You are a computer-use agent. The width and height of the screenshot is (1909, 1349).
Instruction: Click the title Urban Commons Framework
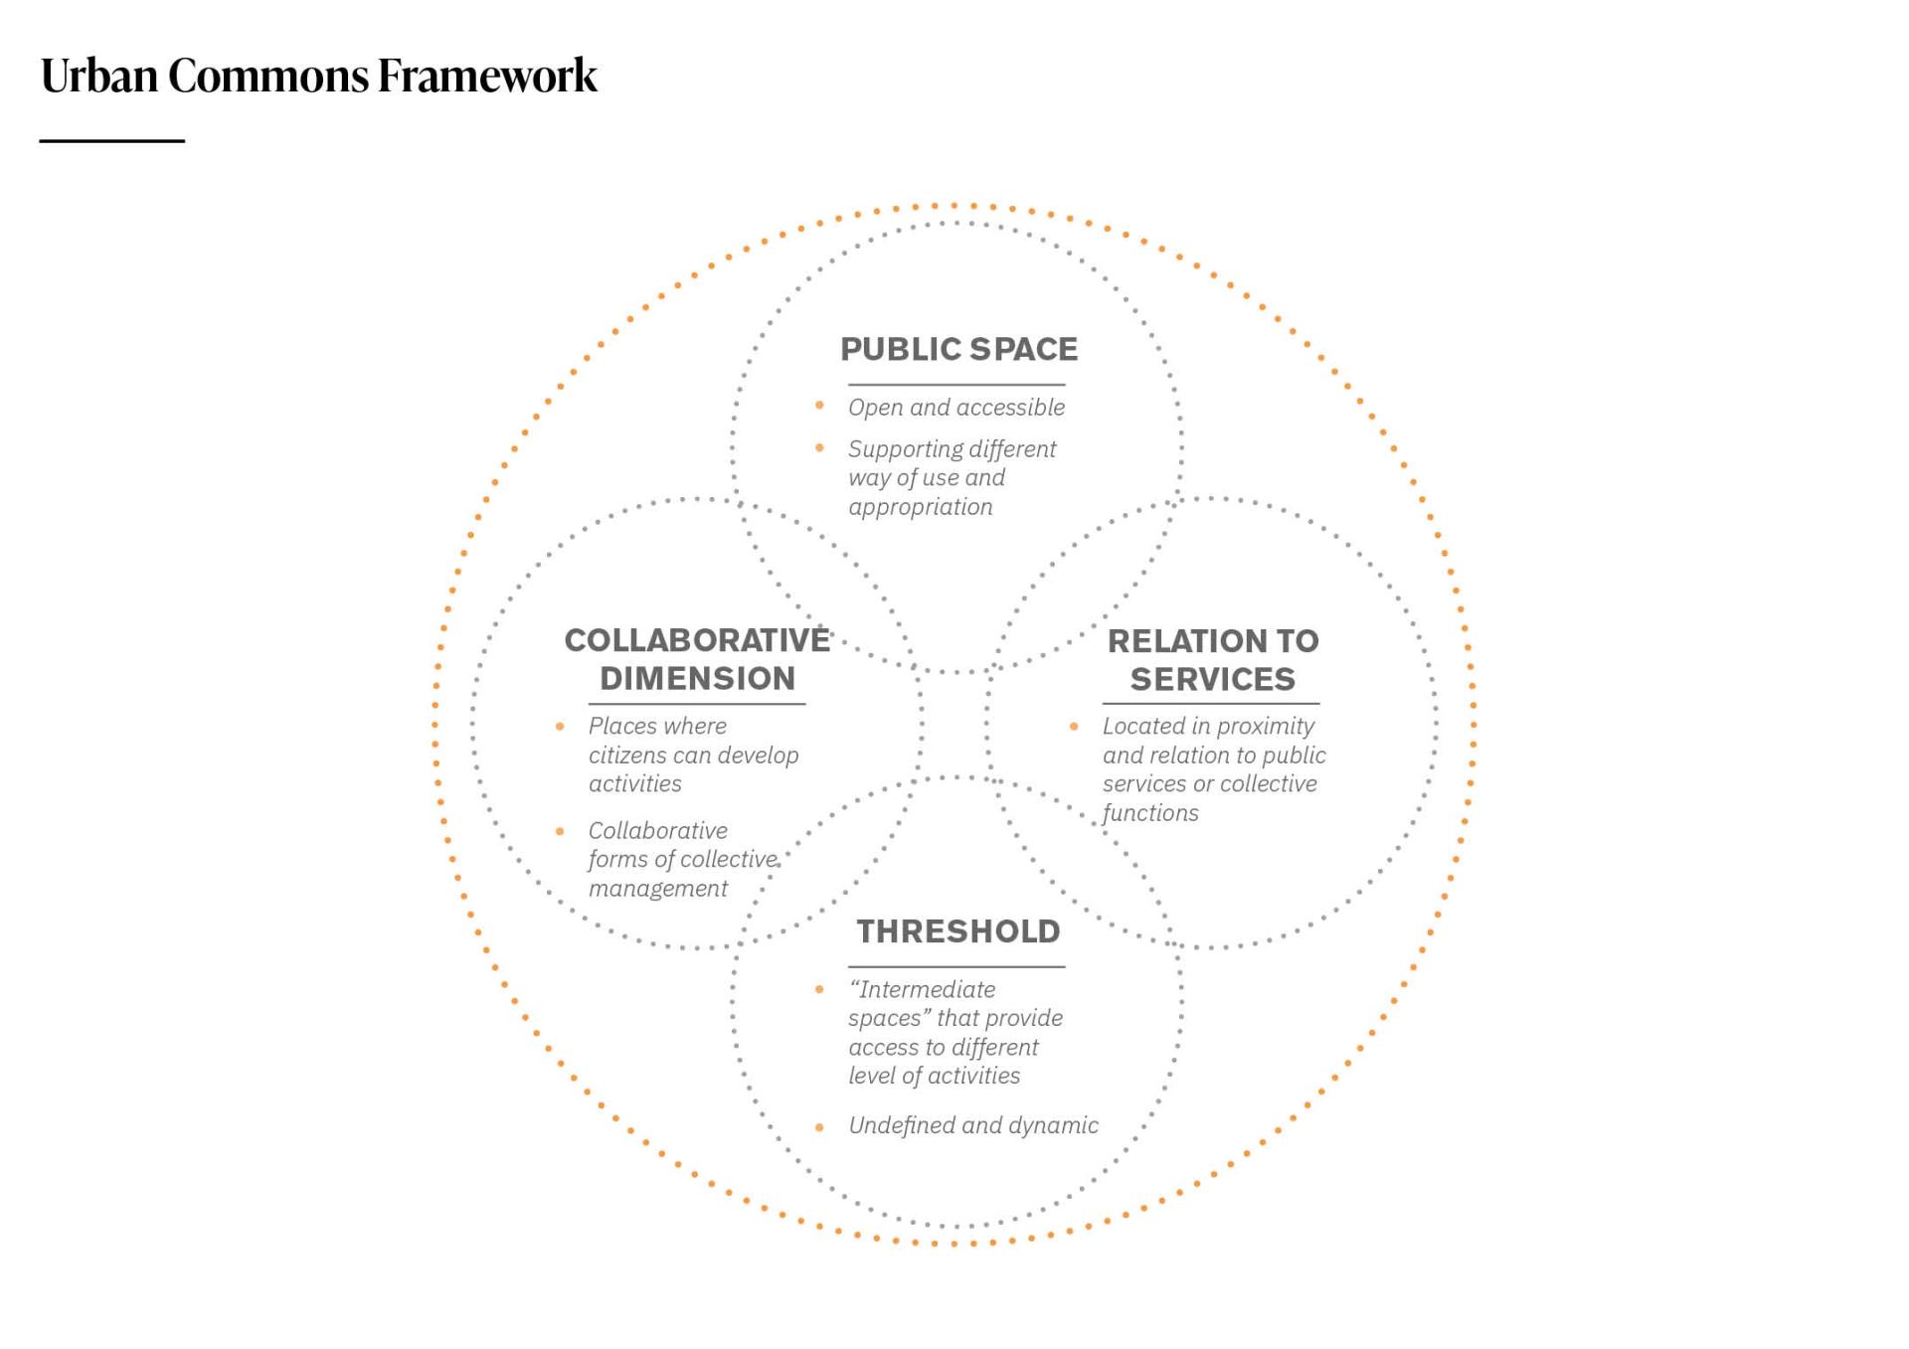[x=318, y=76]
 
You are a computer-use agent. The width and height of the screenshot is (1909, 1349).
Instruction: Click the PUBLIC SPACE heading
[x=958, y=349]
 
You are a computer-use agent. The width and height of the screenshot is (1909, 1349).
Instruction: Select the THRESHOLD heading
[x=958, y=931]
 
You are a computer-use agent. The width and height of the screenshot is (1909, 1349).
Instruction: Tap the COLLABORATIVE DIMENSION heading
[x=697, y=659]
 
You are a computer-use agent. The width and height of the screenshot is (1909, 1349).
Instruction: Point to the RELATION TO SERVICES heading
[x=1213, y=660]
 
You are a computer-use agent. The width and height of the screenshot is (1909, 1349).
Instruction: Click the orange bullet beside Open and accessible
[x=819, y=406]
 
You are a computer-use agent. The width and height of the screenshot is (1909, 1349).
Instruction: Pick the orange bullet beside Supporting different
[x=819, y=447]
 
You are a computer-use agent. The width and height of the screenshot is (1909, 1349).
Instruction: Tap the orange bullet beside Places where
[x=560, y=727]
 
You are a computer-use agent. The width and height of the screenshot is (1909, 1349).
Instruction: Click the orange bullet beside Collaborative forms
[x=560, y=831]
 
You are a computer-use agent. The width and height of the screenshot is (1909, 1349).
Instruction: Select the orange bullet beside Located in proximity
[x=1074, y=727]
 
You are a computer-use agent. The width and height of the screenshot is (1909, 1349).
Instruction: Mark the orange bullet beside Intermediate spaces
[x=819, y=989]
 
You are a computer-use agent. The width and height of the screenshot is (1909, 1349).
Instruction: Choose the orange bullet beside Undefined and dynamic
[x=819, y=1126]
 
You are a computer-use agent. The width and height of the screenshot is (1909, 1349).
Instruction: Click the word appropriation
[x=920, y=507]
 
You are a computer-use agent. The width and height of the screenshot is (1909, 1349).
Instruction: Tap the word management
[x=657, y=889]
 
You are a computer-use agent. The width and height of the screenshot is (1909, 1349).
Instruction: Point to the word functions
[x=1150, y=813]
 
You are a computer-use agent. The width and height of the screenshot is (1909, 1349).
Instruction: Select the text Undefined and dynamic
[x=972, y=1125]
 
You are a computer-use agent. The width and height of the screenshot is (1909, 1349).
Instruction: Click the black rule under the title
[x=112, y=141]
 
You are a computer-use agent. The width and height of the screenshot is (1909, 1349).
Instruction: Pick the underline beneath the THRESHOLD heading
[x=956, y=966]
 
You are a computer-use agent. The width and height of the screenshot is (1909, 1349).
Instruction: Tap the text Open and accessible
[x=955, y=408]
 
